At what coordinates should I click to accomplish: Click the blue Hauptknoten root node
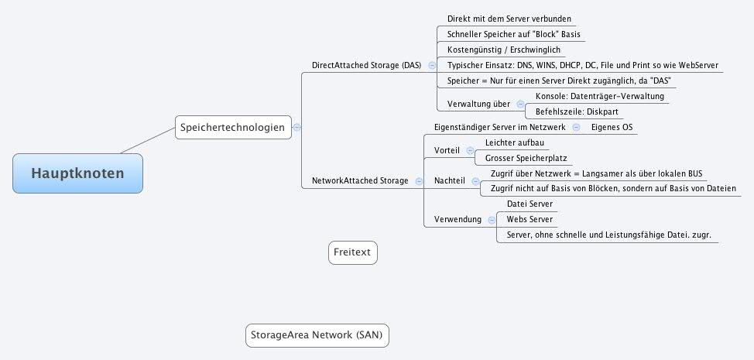pos(77,173)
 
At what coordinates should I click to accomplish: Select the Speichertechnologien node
pos(233,127)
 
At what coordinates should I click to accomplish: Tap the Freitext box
pos(353,252)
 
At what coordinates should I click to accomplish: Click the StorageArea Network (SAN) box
pos(317,335)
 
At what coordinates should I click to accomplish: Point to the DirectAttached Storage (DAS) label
pos(366,66)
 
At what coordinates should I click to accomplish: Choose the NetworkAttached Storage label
pos(360,180)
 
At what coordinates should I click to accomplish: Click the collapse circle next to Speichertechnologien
pos(297,128)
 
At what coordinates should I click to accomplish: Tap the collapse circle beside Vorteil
pos(470,150)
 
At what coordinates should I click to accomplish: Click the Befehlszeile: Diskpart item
pos(577,111)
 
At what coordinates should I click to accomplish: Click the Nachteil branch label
pos(450,180)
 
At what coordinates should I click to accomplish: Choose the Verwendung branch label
pos(458,219)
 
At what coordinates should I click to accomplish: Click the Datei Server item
pos(530,204)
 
